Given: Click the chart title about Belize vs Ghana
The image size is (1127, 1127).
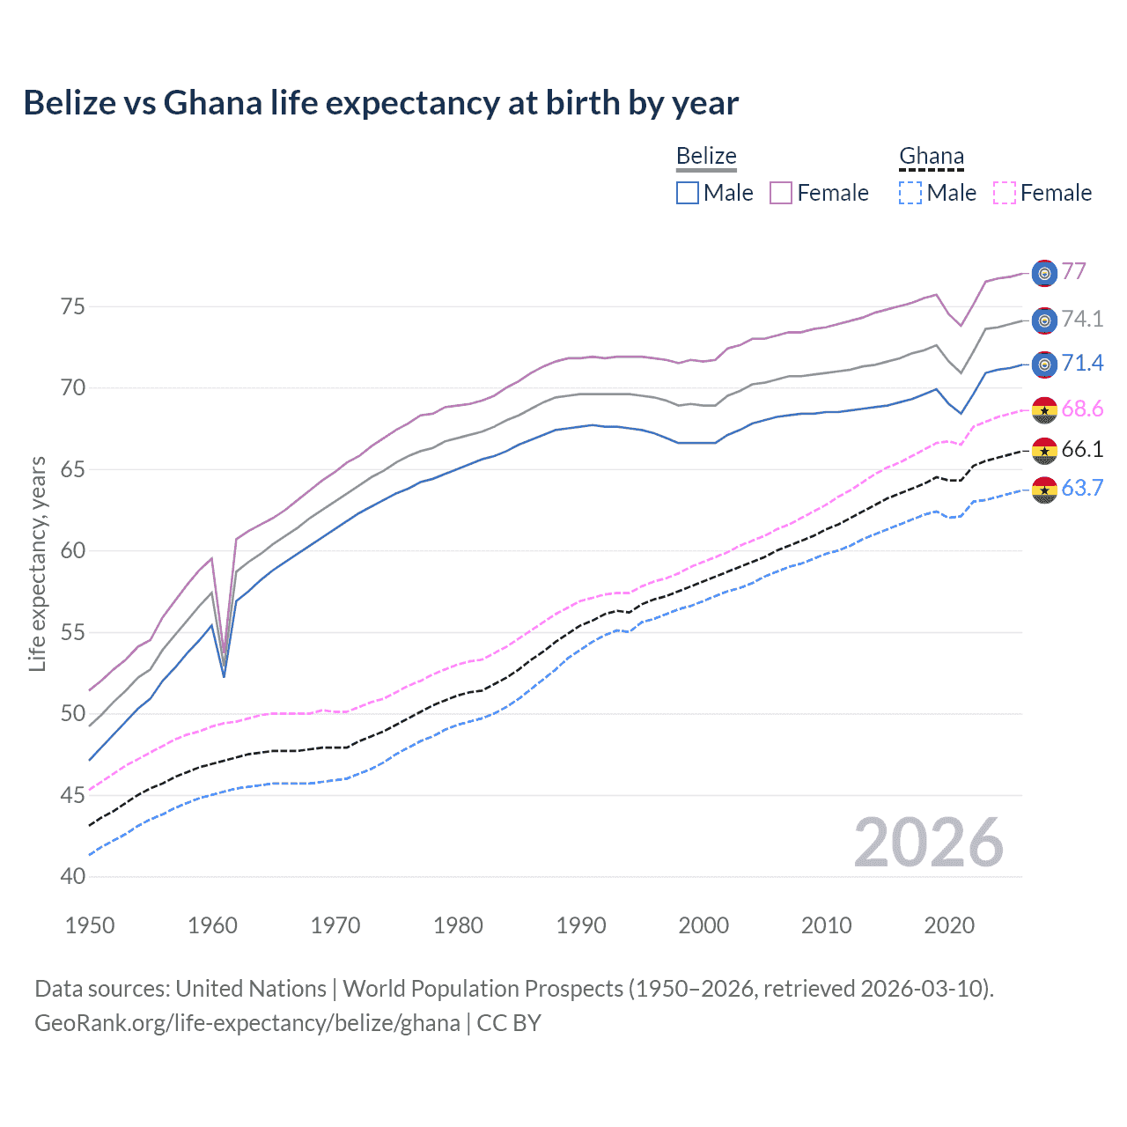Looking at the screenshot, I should coord(380,103).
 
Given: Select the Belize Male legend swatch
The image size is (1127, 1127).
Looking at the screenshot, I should coord(688,193).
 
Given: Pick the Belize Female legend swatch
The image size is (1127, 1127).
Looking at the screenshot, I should coord(781,193).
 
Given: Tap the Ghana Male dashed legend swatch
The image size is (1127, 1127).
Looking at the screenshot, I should coord(910,193).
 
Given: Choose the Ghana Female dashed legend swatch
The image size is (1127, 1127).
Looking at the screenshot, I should coord(1004,193).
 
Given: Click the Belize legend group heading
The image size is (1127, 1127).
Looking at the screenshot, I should coord(706,156).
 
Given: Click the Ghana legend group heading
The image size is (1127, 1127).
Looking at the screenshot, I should coord(932,156).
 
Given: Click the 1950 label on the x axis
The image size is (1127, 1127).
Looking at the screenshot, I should coord(90,925).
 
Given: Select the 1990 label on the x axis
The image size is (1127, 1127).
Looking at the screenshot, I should coord(581,925).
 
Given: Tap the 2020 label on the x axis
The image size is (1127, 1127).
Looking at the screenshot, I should coord(949,925).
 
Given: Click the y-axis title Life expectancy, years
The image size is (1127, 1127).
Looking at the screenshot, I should coord(37,563).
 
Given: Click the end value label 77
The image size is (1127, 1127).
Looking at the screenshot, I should coord(1073,271).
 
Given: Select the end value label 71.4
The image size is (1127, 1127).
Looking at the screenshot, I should coord(1082,363).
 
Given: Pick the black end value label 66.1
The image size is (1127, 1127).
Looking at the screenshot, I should coord(1082,449).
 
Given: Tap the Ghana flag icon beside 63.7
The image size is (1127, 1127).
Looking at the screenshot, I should coord(1044,490).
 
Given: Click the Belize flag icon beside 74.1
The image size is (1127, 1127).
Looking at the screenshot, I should coord(1044,320).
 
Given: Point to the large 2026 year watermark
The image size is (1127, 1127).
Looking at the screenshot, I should coord(928,843).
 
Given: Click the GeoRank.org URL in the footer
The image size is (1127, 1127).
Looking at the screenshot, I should coord(247,1023).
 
